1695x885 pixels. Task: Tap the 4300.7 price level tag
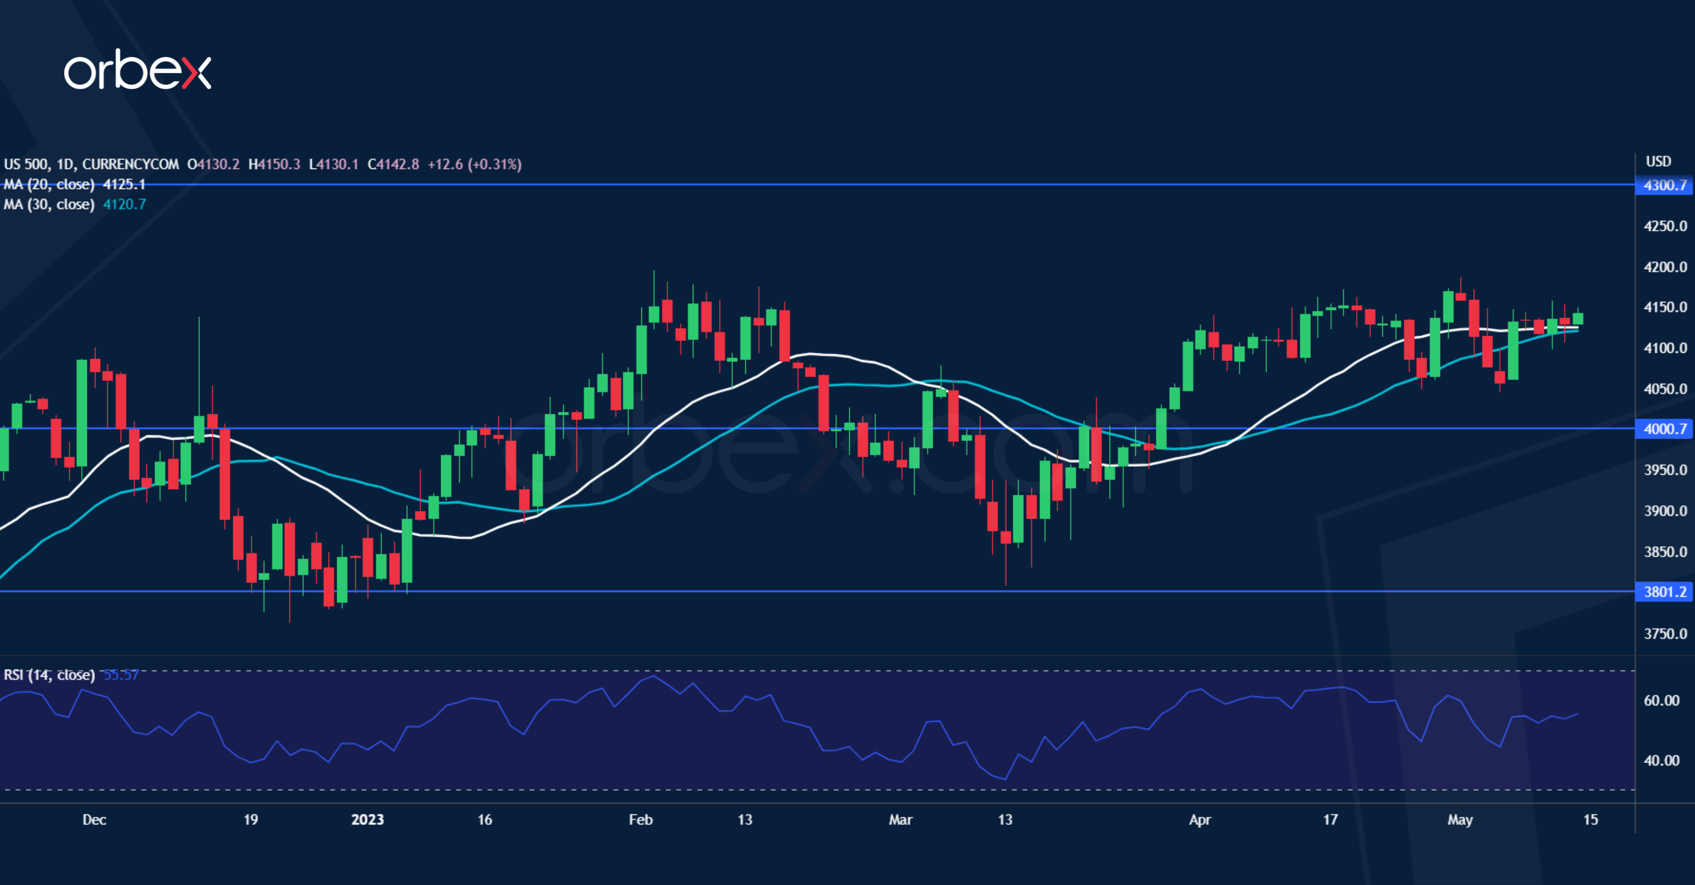(1665, 185)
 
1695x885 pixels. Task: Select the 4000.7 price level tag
(1665, 429)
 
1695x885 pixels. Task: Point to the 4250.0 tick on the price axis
(1665, 226)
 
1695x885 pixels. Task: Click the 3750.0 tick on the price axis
(1665, 634)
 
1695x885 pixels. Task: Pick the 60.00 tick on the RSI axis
(1662, 701)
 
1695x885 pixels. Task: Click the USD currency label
(1658, 162)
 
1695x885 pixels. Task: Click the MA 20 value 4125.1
(124, 185)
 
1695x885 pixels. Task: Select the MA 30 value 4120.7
(124, 205)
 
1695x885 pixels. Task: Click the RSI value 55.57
(121, 675)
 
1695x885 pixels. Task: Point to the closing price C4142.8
(393, 164)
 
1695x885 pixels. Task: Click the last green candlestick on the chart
(1578, 319)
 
